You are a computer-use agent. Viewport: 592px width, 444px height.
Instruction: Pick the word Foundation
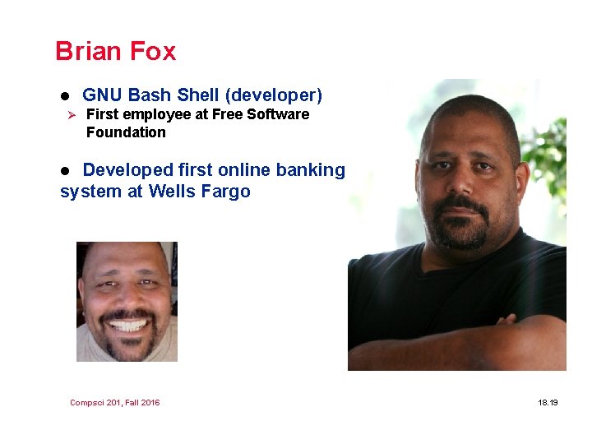[126, 132]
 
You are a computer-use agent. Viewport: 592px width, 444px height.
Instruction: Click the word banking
[311, 170]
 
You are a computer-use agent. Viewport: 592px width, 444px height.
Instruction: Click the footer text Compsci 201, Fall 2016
[115, 402]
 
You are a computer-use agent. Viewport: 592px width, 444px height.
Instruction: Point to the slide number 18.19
[548, 402]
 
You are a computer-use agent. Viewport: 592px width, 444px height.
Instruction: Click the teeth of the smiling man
[127, 325]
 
